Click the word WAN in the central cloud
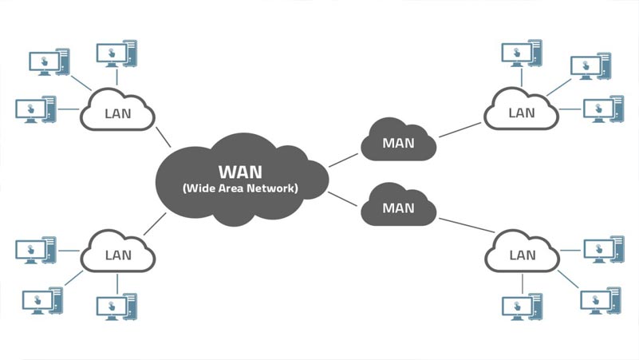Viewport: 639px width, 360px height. click(x=240, y=172)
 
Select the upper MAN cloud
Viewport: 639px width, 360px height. click(x=398, y=144)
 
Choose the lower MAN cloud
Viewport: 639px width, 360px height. click(x=398, y=208)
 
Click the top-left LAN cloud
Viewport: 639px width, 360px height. click(x=117, y=113)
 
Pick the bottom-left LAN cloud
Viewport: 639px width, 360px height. click(x=117, y=255)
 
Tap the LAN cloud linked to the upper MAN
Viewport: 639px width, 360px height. click(x=522, y=113)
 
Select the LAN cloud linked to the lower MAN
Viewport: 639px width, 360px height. click(x=522, y=255)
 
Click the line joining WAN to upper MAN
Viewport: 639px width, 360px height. click(x=344, y=160)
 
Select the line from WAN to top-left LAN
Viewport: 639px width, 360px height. click(x=164, y=136)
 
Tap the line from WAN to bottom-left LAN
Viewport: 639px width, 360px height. click(x=155, y=224)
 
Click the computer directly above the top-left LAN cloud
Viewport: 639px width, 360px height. click(x=116, y=53)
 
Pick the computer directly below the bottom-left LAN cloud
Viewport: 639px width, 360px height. click(x=116, y=306)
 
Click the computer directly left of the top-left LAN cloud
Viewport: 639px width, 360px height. click(x=37, y=109)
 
